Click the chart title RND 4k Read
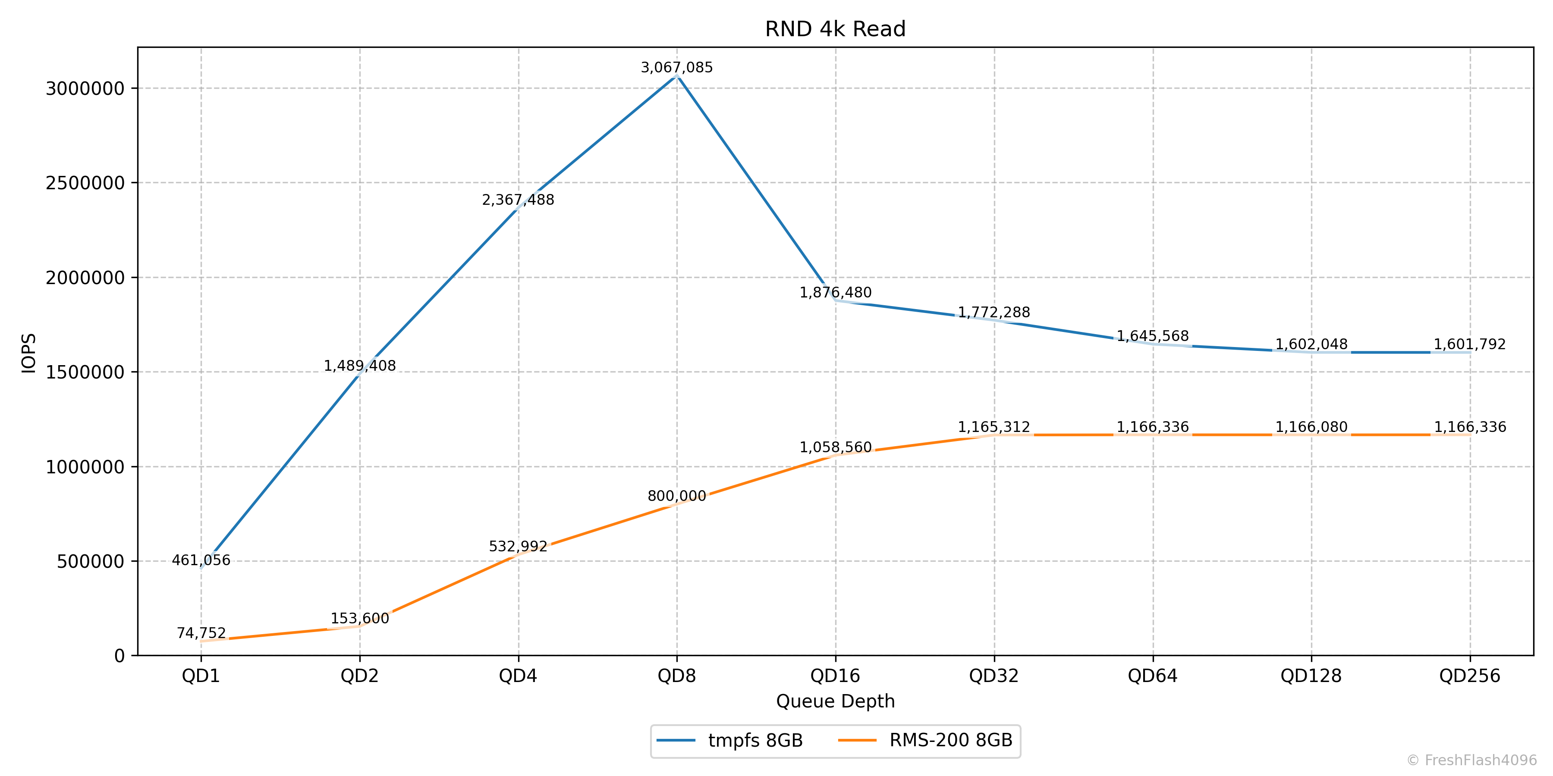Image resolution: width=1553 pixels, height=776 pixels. (835, 29)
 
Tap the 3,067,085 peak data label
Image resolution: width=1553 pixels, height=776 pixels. (676, 68)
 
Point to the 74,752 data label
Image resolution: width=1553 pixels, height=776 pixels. (201, 633)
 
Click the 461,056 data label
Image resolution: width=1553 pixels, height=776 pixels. (201, 560)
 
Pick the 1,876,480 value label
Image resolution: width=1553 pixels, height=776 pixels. (835, 293)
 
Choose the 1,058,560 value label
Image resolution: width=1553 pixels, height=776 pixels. (835, 447)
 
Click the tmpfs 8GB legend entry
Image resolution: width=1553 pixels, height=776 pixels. (755, 741)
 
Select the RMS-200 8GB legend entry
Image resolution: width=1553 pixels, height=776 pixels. (950, 741)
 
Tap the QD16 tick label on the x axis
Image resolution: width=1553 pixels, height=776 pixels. (835, 676)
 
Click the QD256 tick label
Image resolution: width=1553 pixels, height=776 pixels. (1469, 676)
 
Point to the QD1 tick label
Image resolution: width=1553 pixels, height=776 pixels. (201, 676)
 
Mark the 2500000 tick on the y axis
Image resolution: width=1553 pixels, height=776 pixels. (85, 183)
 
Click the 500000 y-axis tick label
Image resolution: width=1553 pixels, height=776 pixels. (91, 561)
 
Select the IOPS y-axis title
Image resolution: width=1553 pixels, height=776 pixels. (29, 353)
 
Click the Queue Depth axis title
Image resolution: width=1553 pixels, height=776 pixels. (835, 701)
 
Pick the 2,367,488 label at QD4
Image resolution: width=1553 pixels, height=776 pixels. (518, 200)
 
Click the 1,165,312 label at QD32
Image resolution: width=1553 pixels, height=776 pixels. (993, 427)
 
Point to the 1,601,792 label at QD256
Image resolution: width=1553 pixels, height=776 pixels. (1469, 344)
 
